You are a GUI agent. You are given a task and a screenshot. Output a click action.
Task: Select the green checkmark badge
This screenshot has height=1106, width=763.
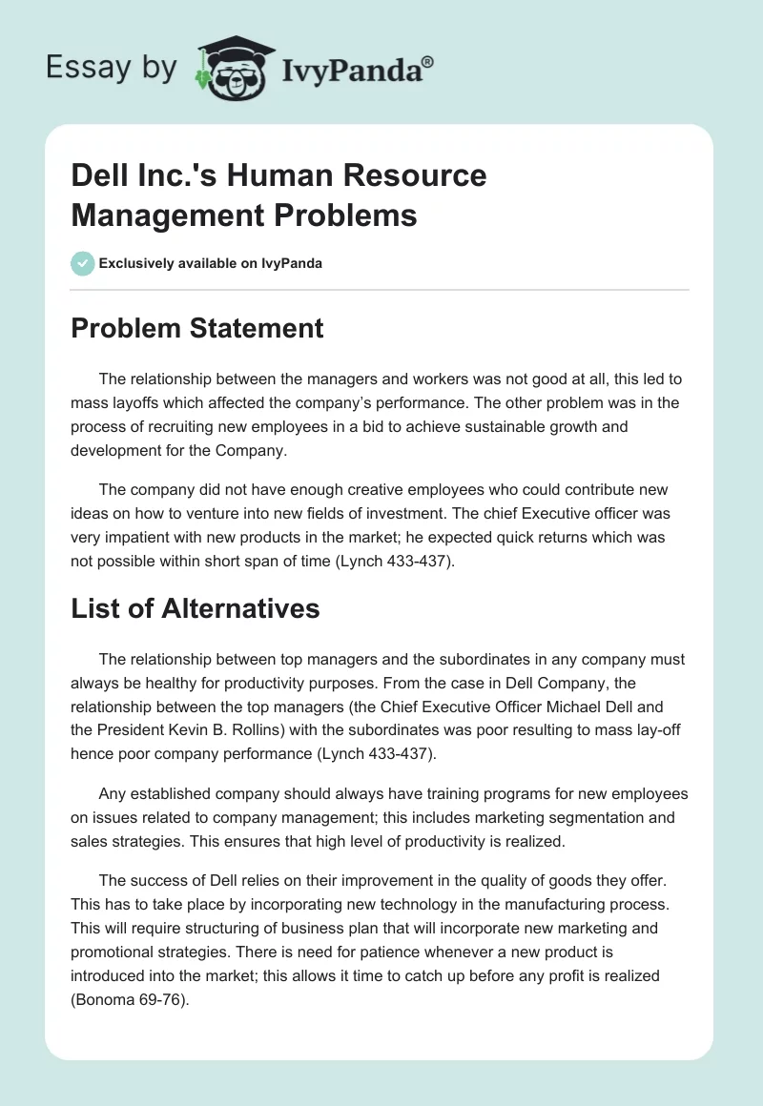[x=82, y=263]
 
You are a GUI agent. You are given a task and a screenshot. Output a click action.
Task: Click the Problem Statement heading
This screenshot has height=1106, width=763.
[x=197, y=329]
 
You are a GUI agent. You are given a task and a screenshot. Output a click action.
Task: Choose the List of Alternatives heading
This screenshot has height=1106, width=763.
[x=196, y=608]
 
